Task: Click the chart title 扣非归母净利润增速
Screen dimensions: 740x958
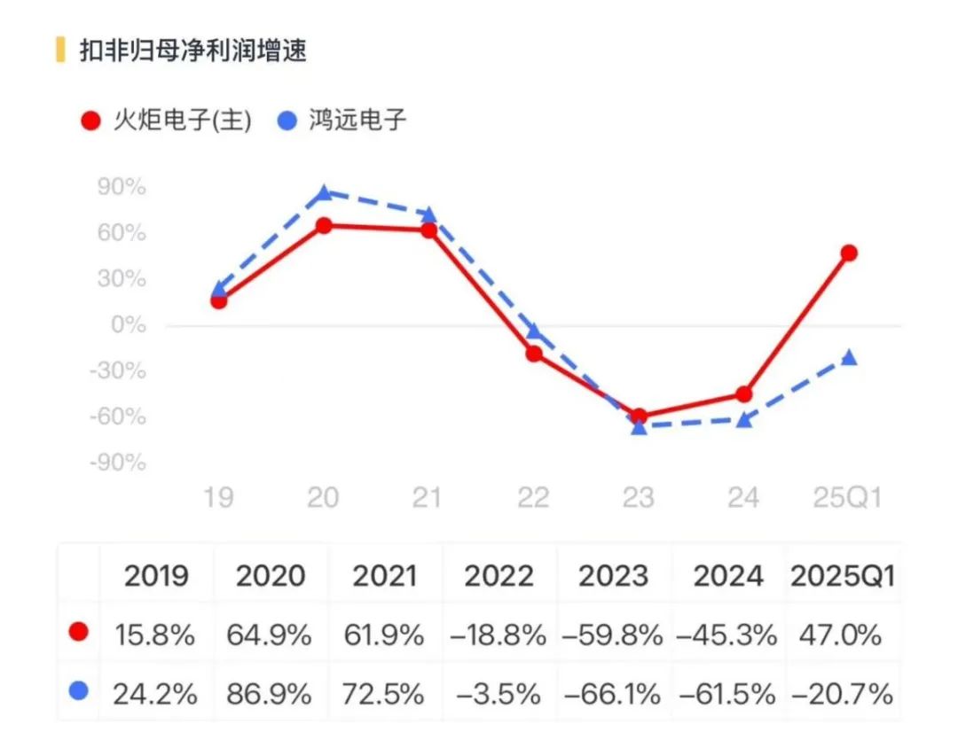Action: click(x=192, y=51)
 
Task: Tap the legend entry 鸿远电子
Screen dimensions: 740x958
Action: click(x=342, y=121)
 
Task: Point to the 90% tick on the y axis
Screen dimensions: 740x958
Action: click(x=123, y=188)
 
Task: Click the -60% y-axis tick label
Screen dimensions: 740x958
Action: click(x=119, y=417)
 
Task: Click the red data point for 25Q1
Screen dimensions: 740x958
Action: click(x=849, y=253)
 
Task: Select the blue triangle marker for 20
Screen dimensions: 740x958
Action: click(x=324, y=192)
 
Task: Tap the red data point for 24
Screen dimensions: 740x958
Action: click(x=743, y=394)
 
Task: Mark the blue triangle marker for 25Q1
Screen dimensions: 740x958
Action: click(x=849, y=357)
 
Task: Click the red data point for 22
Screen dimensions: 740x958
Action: click(x=534, y=354)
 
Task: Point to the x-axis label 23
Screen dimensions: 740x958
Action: click(x=639, y=498)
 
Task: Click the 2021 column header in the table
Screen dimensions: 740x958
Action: click(x=384, y=577)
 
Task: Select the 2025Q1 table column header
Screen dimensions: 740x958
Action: click(x=843, y=577)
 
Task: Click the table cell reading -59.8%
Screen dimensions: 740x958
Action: click(x=612, y=635)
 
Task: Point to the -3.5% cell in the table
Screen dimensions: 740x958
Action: click(x=500, y=694)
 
